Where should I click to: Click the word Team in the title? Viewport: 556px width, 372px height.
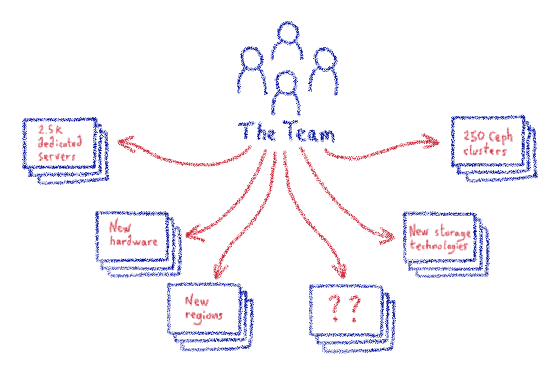tap(310, 133)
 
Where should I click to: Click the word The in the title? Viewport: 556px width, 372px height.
tap(258, 132)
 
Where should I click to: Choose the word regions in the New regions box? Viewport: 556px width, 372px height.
tap(203, 315)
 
